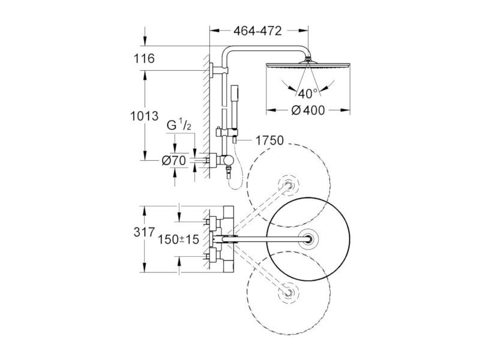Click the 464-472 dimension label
point(257,31)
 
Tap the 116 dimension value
point(144,58)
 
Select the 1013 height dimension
point(145,116)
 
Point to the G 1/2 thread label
point(179,125)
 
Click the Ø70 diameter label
point(174,160)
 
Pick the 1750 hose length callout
point(269,140)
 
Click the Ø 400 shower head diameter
point(308,110)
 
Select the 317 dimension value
point(144,232)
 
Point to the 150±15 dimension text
point(178,239)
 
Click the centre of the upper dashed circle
point(289,185)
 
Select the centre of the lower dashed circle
point(289,292)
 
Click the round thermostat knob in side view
point(228,160)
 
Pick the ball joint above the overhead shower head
point(308,58)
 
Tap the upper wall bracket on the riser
point(219,70)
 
